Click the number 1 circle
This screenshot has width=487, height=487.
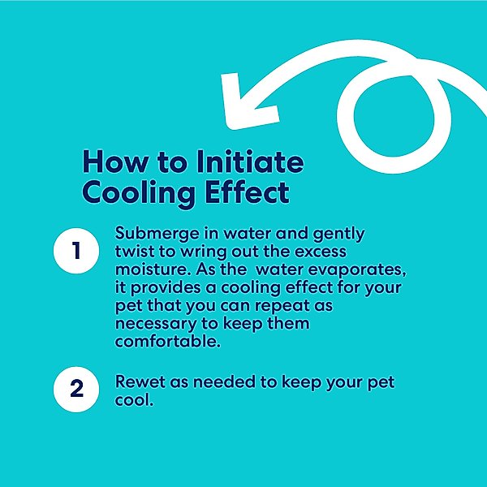[x=76, y=251]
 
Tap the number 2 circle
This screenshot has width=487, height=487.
[x=76, y=389]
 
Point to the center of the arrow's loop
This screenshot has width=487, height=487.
[x=394, y=116]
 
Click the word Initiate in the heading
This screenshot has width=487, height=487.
[x=250, y=162]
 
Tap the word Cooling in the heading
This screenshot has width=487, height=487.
[x=139, y=193]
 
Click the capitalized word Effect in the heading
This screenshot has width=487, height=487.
[x=248, y=192]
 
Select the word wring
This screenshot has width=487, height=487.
[x=204, y=252]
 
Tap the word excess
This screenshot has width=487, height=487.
[x=321, y=252]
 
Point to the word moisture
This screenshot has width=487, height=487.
[x=153, y=269]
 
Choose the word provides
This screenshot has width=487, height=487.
[x=166, y=288]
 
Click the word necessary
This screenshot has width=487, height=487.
[x=156, y=325]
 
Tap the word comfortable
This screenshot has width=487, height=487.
[x=168, y=342]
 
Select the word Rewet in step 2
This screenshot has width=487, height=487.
[x=140, y=382]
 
